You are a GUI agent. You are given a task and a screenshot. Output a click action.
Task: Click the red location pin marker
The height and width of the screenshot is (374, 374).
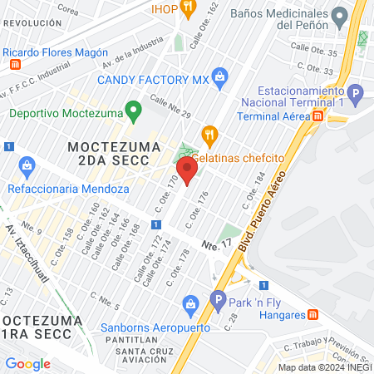pos(188,172)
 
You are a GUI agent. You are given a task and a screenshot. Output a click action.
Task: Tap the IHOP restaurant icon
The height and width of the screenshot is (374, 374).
pos(188,9)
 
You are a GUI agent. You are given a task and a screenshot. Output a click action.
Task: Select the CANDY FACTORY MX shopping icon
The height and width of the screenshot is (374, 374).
pos(219,79)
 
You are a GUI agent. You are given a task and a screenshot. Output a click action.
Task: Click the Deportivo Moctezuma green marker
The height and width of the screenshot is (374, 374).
pos(131,110)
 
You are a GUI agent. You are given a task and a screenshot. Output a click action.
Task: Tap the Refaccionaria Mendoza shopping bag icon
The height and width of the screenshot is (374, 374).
pos(26,165)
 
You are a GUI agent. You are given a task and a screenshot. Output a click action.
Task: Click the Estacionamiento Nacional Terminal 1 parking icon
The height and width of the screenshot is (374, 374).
pos(355,94)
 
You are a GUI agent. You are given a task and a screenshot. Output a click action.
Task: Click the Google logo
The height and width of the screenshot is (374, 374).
pos(27,363)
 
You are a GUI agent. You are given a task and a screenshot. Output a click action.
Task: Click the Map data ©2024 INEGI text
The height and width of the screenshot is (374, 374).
pos(323,367)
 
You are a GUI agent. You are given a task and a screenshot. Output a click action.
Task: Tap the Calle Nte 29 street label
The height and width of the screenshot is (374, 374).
pos(170,106)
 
